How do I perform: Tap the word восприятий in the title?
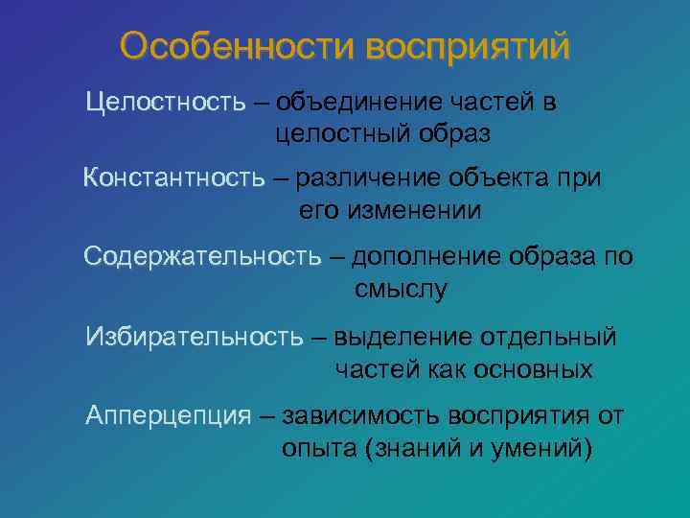[466, 46]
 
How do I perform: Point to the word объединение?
[369, 102]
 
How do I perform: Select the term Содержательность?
[202, 257]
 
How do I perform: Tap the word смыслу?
[401, 290]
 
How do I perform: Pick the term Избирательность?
[195, 337]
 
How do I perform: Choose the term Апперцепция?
[168, 415]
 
